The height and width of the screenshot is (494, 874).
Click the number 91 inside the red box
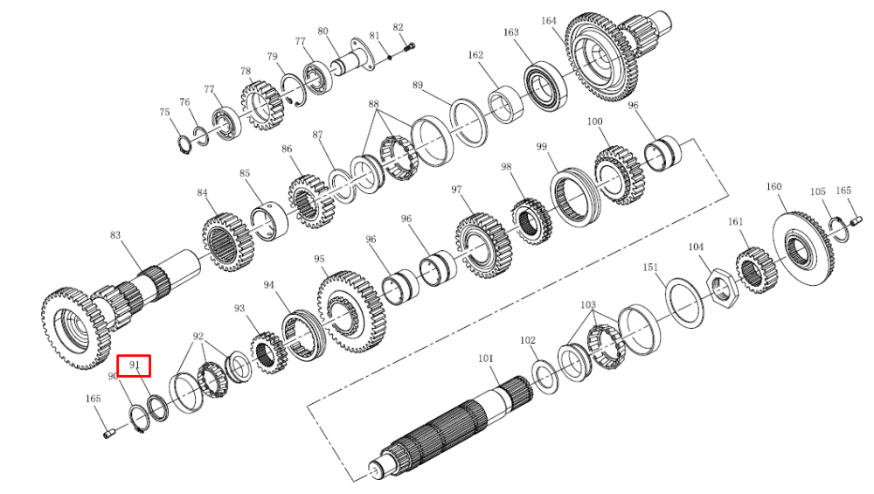coord(135,365)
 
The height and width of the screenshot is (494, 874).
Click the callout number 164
coord(549,21)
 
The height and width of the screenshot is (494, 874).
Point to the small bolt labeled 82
coord(410,47)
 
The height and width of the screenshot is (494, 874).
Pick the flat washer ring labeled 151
coord(685,303)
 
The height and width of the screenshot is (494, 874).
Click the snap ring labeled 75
coord(184,144)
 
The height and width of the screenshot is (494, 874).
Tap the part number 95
coord(319,260)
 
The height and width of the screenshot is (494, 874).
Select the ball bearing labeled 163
coord(545,87)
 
